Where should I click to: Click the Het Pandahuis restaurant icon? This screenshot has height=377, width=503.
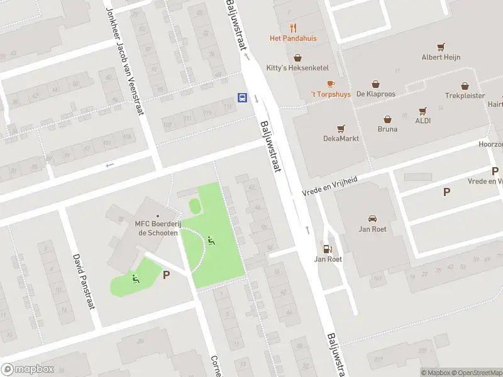click(293, 28)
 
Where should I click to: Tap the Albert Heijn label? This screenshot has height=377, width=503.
click(441, 57)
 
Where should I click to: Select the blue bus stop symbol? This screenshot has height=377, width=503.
click(242, 97)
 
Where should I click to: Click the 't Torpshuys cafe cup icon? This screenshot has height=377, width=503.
click(331, 84)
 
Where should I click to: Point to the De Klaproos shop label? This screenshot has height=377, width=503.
click(375, 94)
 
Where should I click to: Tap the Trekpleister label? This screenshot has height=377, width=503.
click(465, 96)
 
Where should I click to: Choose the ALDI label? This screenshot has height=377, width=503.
click(423, 120)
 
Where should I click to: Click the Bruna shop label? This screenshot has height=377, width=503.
click(387, 129)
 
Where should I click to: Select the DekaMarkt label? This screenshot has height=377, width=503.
click(341, 138)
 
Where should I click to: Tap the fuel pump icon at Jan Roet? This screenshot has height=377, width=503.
click(326, 249)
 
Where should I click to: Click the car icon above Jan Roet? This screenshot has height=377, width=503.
click(372, 219)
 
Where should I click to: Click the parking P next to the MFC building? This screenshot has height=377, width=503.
click(167, 275)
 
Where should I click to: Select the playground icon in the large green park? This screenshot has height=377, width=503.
click(211, 239)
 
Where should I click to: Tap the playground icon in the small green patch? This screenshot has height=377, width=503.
click(135, 278)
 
